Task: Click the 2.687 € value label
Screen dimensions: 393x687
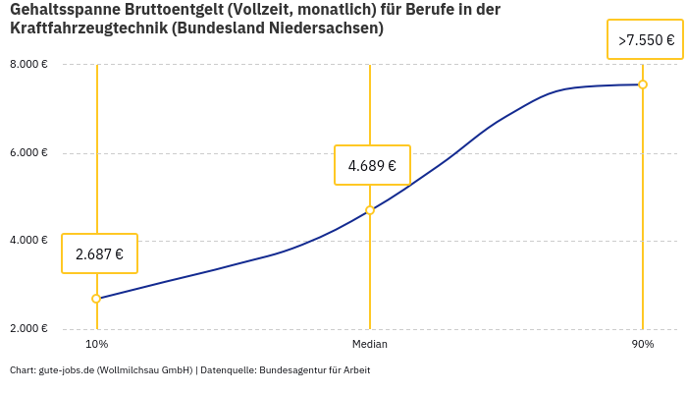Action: tap(99, 253)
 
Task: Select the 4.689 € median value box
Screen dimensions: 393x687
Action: tap(372, 165)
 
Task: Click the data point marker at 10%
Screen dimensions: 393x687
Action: tap(96, 299)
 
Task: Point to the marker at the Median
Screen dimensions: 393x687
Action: tap(370, 210)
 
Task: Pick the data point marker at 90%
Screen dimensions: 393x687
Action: tap(643, 84)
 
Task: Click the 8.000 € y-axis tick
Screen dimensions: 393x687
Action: tap(28, 65)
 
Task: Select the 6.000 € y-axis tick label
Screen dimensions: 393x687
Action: tap(28, 153)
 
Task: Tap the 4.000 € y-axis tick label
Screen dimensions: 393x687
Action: tap(28, 241)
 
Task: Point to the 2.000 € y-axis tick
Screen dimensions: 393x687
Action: tap(28, 328)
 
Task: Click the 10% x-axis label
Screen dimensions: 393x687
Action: tap(96, 344)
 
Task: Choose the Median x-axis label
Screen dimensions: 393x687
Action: tap(370, 344)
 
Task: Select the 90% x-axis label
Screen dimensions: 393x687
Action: tap(643, 344)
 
